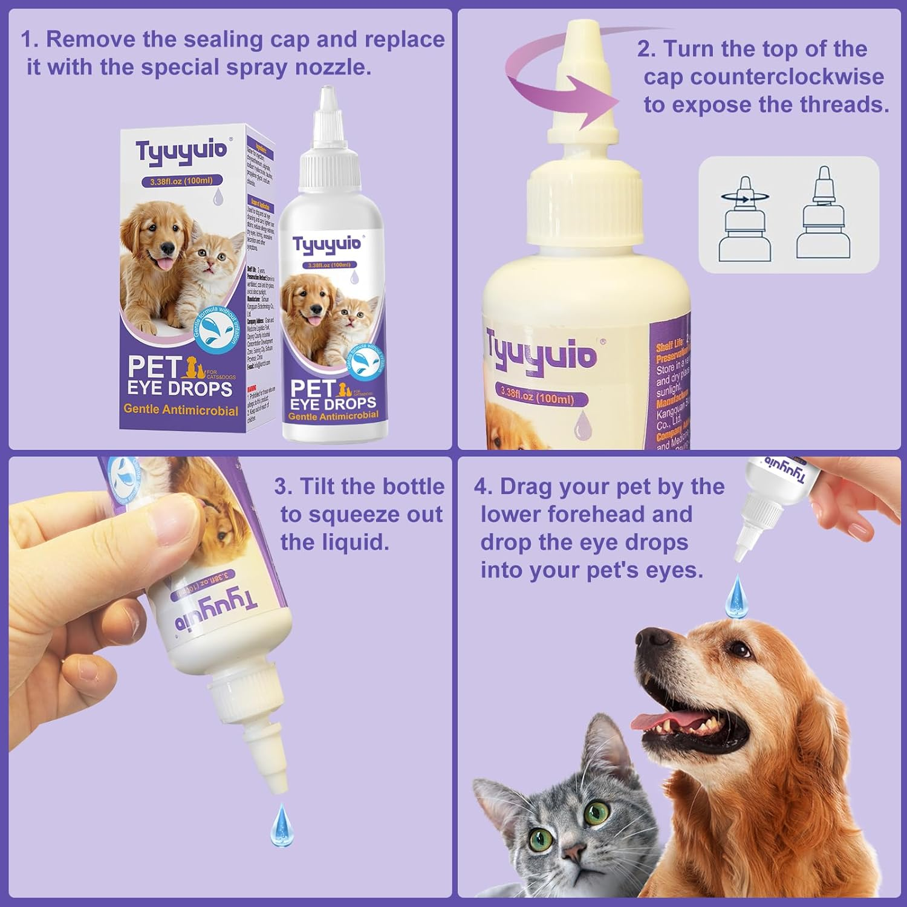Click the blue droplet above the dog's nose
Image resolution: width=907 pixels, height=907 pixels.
[738, 592]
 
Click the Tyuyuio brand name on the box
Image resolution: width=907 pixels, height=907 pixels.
[181, 150]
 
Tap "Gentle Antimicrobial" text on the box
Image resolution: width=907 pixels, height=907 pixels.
[181, 410]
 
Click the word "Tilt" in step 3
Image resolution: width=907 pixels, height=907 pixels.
[318, 487]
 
